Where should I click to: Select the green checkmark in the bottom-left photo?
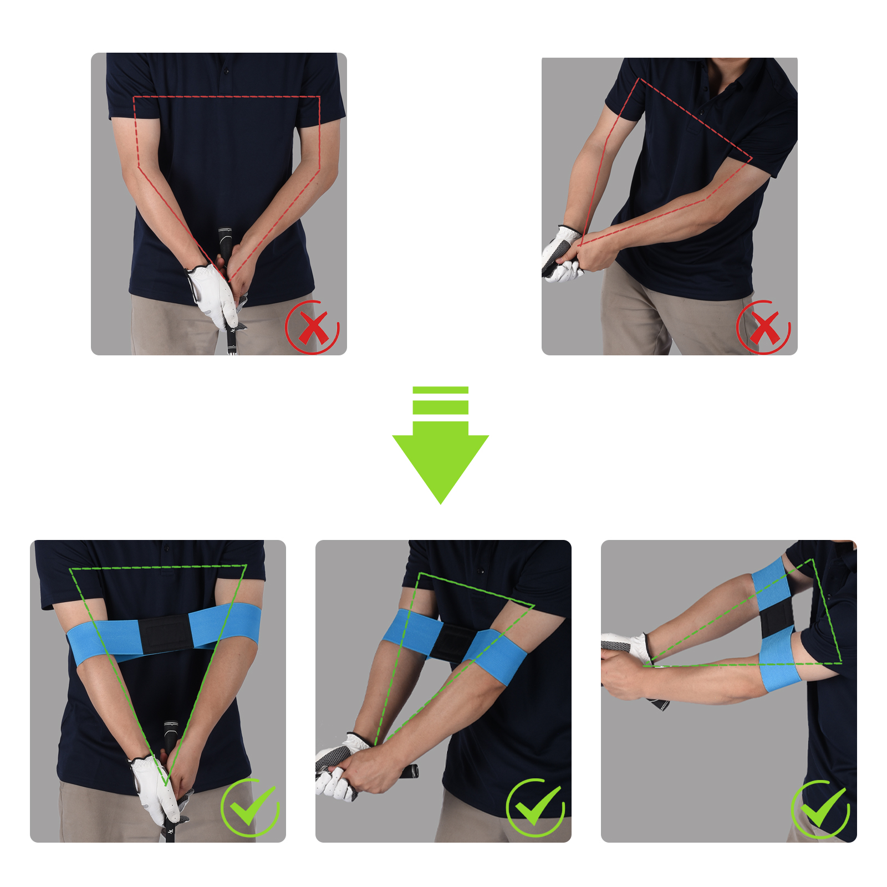[251, 807]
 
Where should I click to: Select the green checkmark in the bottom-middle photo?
[536, 807]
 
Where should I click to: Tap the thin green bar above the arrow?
[440, 390]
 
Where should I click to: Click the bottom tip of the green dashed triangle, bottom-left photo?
[166, 783]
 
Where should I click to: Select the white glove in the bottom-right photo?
[626, 646]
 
